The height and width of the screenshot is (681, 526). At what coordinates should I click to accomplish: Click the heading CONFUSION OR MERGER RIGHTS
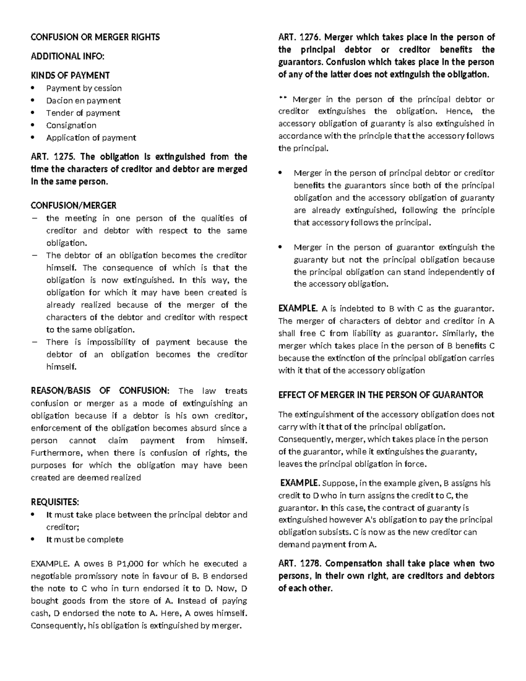pyautogui.click(x=95, y=37)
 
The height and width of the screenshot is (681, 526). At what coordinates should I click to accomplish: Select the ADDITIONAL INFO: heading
pyautogui.click(x=68, y=56)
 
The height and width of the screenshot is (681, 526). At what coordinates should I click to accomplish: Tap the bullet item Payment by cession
pyautogui.click(x=84, y=88)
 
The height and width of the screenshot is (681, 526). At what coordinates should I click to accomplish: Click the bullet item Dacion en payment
pyautogui.click(x=83, y=100)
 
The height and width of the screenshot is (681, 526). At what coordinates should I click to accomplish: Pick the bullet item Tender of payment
pyautogui.click(x=83, y=113)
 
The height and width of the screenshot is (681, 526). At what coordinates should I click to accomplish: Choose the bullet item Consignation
pyautogui.click(x=71, y=125)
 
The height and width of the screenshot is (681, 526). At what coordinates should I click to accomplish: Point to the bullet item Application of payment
pyautogui.click(x=91, y=138)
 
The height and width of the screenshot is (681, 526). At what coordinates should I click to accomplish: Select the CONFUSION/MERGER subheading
pyautogui.click(x=73, y=205)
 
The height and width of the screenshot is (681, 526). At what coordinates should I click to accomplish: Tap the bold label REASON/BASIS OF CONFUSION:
pyautogui.click(x=100, y=391)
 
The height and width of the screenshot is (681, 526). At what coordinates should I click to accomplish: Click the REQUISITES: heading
pyautogui.click(x=55, y=502)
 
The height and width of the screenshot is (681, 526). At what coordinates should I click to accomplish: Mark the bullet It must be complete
pyautogui.click(x=85, y=539)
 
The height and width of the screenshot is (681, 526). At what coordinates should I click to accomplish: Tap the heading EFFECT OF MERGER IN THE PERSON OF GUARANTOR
pyautogui.click(x=380, y=395)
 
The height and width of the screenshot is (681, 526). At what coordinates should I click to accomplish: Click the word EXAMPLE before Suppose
pyautogui.click(x=300, y=483)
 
